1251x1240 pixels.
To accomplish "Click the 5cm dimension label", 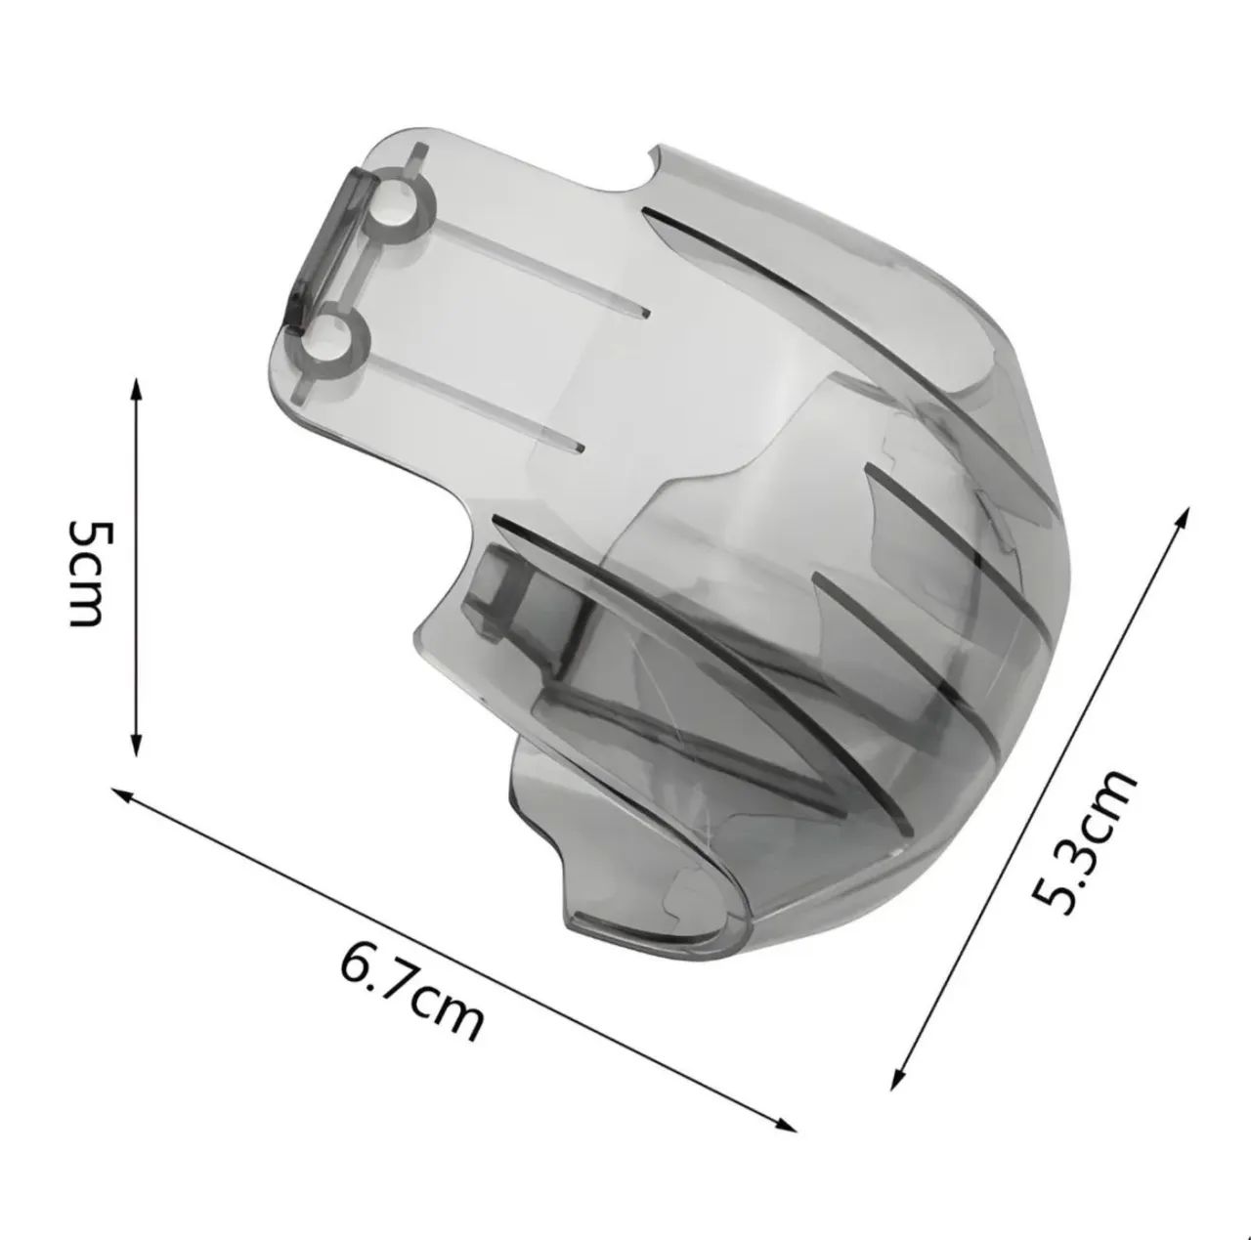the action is click(92, 573).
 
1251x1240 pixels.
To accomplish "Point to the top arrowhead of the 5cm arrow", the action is click(136, 390).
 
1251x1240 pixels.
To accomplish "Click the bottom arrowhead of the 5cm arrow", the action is click(136, 745).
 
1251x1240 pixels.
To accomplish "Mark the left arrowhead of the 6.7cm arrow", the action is click(125, 794).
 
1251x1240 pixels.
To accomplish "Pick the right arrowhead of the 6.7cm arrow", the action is click(784, 1123).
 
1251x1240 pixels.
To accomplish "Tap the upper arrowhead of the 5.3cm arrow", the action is click(1183, 519).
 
